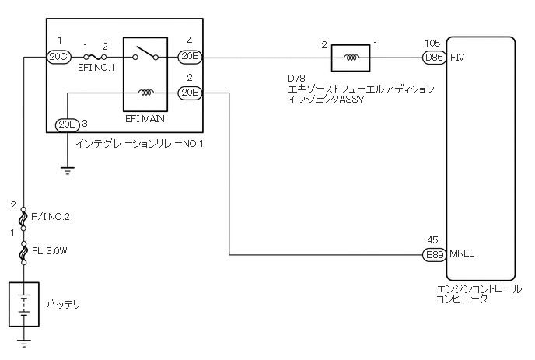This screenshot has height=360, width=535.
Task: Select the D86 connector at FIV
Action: pyautogui.click(x=433, y=57)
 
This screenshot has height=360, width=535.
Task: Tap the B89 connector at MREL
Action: pyautogui.click(x=433, y=254)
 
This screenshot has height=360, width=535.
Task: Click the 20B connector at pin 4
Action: pyautogui.click(x=190, y=57)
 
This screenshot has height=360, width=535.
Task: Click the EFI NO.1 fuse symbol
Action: pyautogui.click(x=96, y=57)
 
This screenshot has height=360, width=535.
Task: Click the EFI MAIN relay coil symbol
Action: pyautogui.click(x=145, y=93)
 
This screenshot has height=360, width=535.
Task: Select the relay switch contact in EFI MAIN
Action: pyautogui.click(x=145, y=55)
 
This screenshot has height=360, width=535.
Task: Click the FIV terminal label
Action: pyautogui.click(x=457, y=57)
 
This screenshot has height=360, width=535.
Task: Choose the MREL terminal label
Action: pyautogui.click(x=462, y=254)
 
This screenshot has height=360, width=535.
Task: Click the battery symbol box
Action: pyautogui.click(x=25, y=304)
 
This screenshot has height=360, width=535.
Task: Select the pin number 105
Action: pyautogui.click(x=433, y=44)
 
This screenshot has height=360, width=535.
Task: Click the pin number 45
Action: pyautogui.click(x=433, y=241)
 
